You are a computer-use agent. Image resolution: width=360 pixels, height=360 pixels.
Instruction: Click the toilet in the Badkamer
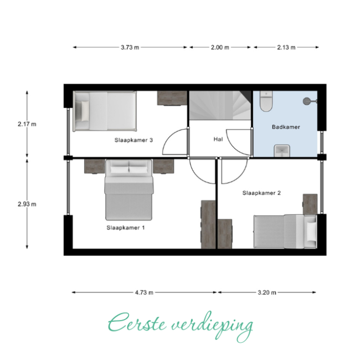pyautogui.click(x=266, y=101)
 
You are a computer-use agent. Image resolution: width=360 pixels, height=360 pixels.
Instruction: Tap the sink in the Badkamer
pyautogui.click(x=282, y=151)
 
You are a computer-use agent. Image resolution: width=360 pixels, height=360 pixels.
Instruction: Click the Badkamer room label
pyautogui.click(x=286, y=127)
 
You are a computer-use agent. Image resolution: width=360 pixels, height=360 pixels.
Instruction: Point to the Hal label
pyautogui.click(x=218, y=139)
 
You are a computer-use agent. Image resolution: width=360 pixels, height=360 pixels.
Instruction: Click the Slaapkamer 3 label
pyautogui.click(x=133, y=140)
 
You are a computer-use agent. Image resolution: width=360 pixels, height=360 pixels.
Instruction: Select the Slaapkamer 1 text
pyautogui.click(x=126, y=228)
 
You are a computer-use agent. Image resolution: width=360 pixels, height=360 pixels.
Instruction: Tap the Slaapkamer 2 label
pyautogui.click(x=261, y=193)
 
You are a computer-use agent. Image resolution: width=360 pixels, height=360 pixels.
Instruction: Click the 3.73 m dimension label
pyautogui.click(x=130, y=47)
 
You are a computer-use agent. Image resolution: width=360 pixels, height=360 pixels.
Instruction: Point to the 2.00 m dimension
pyautogui.click(x=220, y=47)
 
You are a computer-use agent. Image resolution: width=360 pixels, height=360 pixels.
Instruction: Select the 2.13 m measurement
pyautogui.click(x=286, y=47)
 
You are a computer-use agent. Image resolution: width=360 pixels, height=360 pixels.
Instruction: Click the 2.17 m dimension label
pyautogui.click(x=27, y=124)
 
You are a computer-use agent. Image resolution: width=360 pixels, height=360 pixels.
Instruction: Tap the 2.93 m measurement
pyautogui.click(x=27, y=204)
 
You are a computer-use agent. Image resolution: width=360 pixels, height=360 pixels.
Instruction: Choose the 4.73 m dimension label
pyautogui.click(x=144, y=292)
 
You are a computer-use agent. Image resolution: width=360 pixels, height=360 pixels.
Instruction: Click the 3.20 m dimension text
pyautogui.click(x=267, y=292)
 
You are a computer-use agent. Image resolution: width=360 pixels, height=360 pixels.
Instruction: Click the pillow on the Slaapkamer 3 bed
pyautogui.click(x=85, y=111)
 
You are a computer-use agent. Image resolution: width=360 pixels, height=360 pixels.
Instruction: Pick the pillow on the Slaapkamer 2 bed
pyautogui.click(x=311, y=232)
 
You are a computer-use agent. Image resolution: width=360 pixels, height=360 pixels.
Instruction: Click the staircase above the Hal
pyautogui.click(x=220, y=105)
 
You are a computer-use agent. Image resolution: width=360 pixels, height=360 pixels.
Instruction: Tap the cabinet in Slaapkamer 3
pyautogui.click(x=172, y=98)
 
